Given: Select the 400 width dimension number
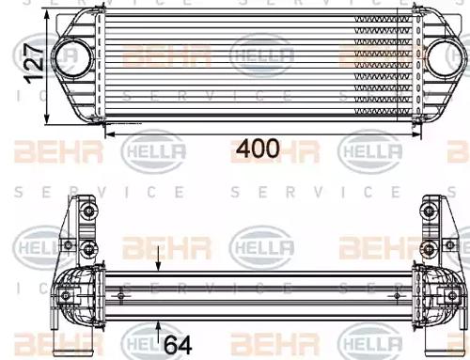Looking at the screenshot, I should tap(257, 148).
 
